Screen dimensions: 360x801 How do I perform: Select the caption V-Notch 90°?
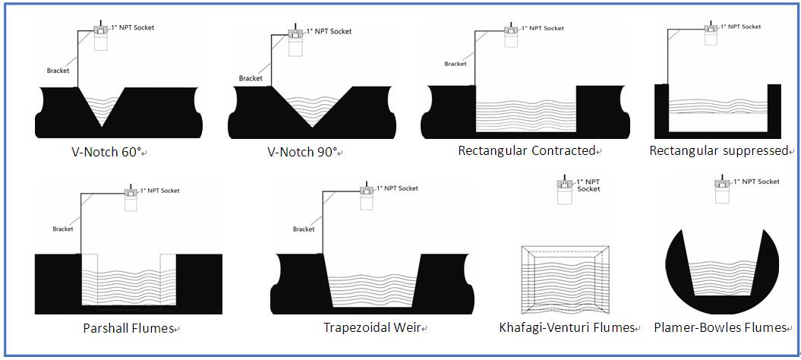coord(302,151)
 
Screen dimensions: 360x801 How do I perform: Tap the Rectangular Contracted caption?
coord(526,150)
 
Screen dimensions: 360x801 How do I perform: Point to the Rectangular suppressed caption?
coord(718,150)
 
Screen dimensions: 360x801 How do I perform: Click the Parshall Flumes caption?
coord(128,329)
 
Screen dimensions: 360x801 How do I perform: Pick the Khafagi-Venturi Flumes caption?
coord(566,328)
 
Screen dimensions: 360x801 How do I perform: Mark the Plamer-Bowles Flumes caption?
coord(719,328)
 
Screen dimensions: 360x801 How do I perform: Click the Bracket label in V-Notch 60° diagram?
coord(58,71)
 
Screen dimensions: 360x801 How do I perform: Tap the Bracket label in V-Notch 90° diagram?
coord(251,78)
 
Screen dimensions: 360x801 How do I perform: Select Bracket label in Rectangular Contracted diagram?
coord(456,64)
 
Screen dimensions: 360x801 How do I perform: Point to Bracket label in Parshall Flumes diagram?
coord(63,229)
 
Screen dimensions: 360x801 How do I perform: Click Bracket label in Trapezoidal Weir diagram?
coord(304,229)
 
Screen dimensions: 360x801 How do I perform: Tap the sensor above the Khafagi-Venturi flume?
coord(565,193)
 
